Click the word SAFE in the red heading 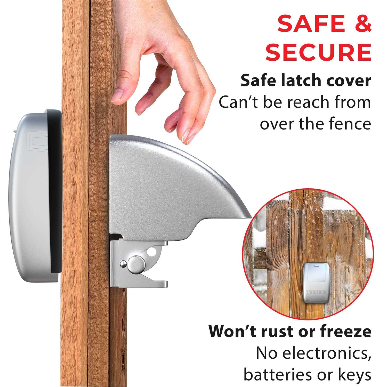[306, 24]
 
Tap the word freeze [345, 332]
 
